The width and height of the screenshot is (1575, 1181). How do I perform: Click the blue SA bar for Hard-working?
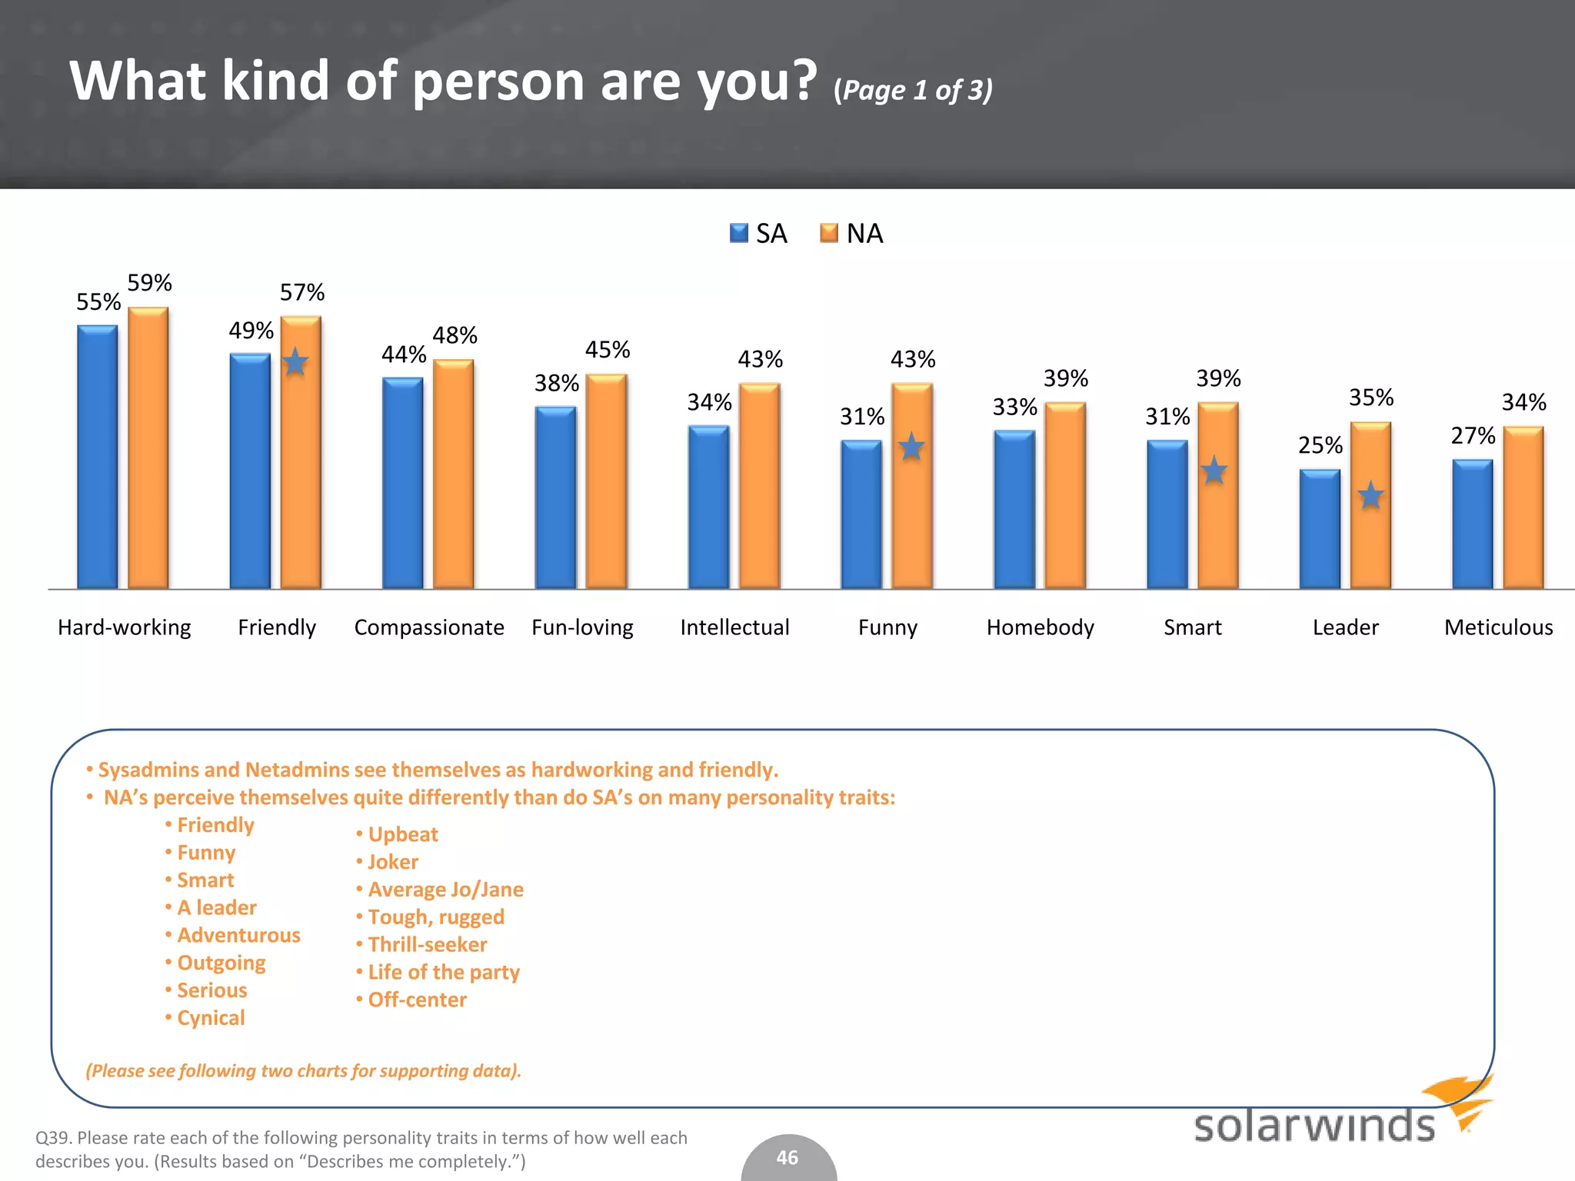pyautogui.click(x=97, y=457)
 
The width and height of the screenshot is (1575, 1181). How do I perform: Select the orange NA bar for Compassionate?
pyautogui.click(x=453, y=474)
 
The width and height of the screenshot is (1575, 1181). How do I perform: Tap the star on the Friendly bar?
pyautogui.click(x=295, y=361)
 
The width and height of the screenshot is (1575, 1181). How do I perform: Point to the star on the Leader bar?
pyautogui.click(x=1370, y=495)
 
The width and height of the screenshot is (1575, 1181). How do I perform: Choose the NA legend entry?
pyautogui.click(x=851, y=233)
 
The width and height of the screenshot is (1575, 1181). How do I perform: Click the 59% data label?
pyautogui.click(x=149, y=283)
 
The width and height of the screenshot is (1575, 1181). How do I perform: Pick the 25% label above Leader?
pyautogui.click(x=1320, y=445)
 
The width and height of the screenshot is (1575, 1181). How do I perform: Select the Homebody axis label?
pyautogui.click(x=1040, y=627)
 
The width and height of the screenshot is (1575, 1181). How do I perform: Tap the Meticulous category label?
pyautogui.click(x=1498, y=627)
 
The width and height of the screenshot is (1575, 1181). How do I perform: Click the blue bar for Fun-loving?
pyautogui.click(x=555, y=497)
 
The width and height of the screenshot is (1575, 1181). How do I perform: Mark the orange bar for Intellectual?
pyautogui.click(x=759, y=486)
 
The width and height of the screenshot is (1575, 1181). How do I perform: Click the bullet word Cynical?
pyautogui.click(x=211, y=1018)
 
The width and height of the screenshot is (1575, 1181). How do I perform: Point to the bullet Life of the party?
pyautogui.click(x=444, y=972)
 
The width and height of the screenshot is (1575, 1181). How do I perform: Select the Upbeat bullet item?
pyautogui.click(x=403, y=834)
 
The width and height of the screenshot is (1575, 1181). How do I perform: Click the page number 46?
pyautogui.click(x=787, y=1158)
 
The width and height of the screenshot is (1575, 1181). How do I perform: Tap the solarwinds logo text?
pyautogui.click(x=1314, y=1126)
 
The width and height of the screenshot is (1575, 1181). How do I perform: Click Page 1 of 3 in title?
pyautogui.click(x=913, y=90)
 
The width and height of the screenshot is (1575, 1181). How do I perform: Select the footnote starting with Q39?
pyautogui.click(x=361, y=1149)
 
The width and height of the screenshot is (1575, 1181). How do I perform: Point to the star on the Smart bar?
pyautogui.click(x=1214, y=471)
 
